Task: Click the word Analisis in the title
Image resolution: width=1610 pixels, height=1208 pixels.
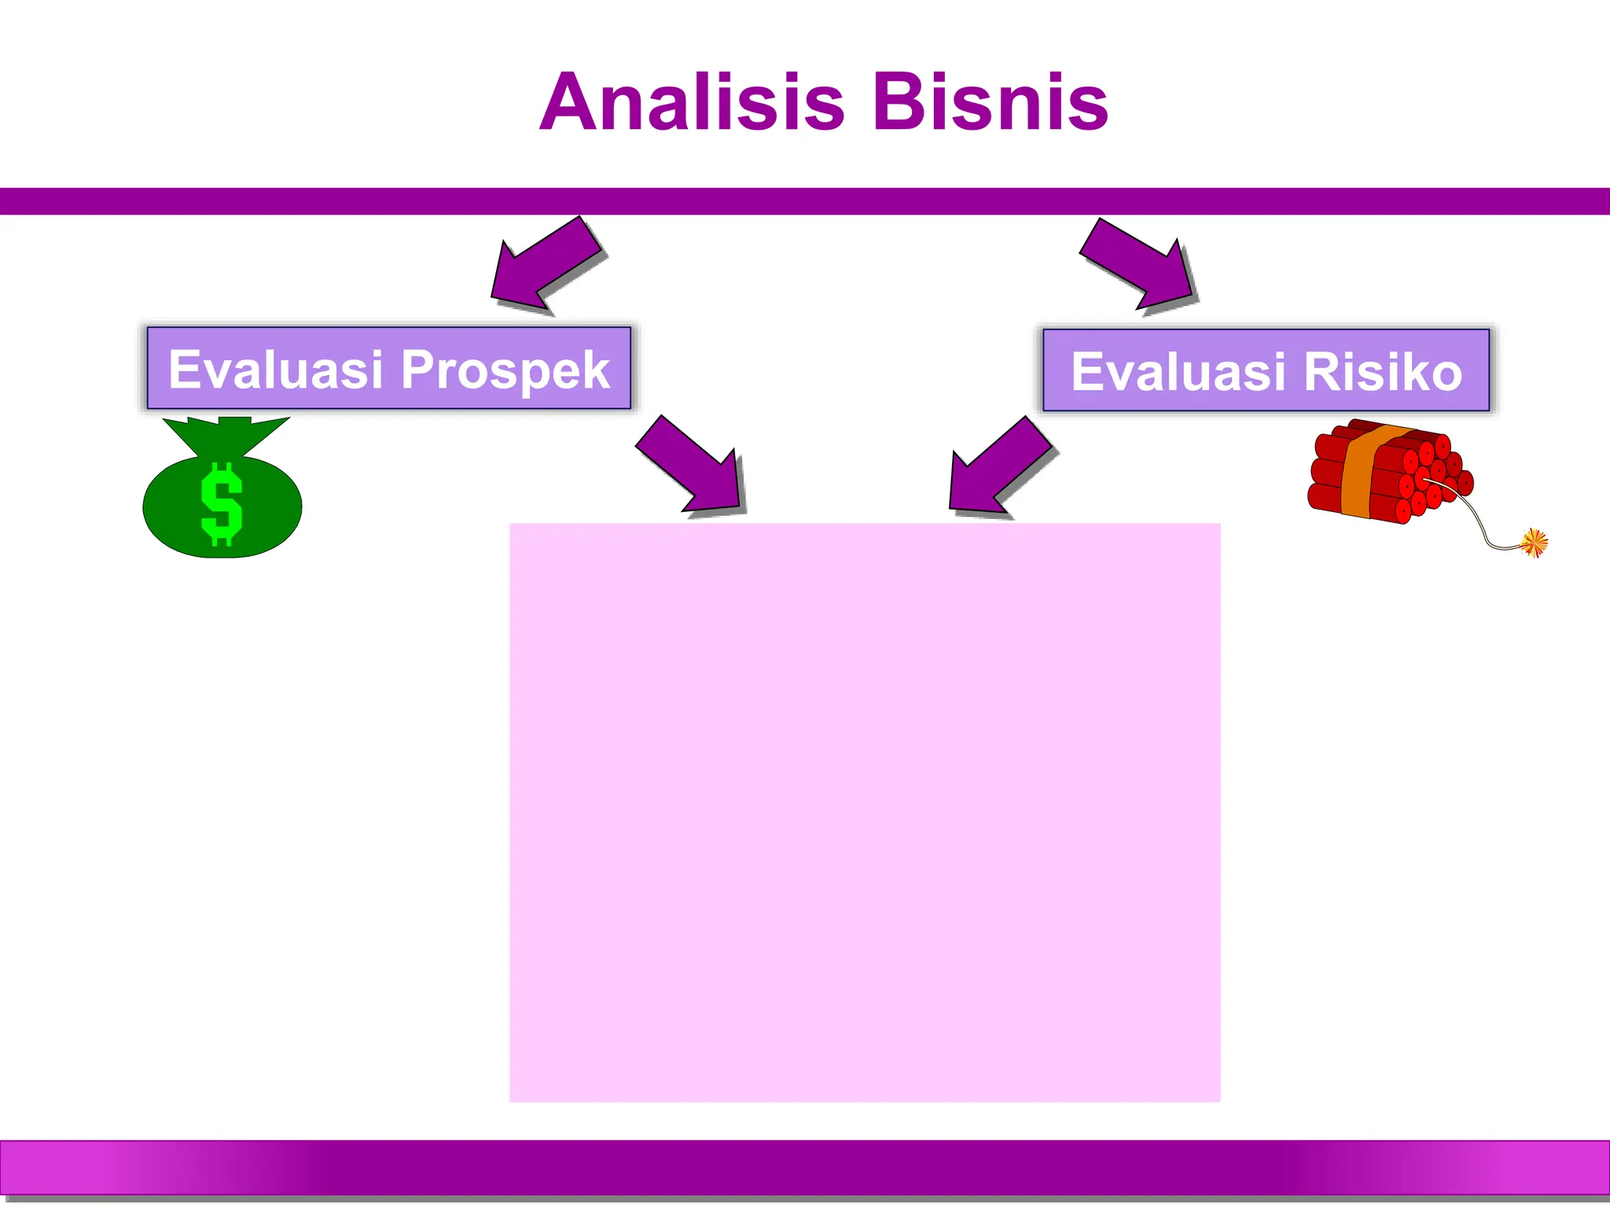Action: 692,102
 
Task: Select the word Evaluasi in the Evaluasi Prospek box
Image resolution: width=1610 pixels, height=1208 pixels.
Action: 276,370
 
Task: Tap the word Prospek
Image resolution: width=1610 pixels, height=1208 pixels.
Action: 505,370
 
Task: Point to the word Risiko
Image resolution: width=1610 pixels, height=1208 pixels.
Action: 1384,371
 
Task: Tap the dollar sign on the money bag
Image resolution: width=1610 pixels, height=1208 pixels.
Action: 222,503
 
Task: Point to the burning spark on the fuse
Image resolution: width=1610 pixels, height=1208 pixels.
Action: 1534,542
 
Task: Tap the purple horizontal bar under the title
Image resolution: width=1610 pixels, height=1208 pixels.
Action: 805,201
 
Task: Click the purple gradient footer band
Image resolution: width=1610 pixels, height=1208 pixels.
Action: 805,1167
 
